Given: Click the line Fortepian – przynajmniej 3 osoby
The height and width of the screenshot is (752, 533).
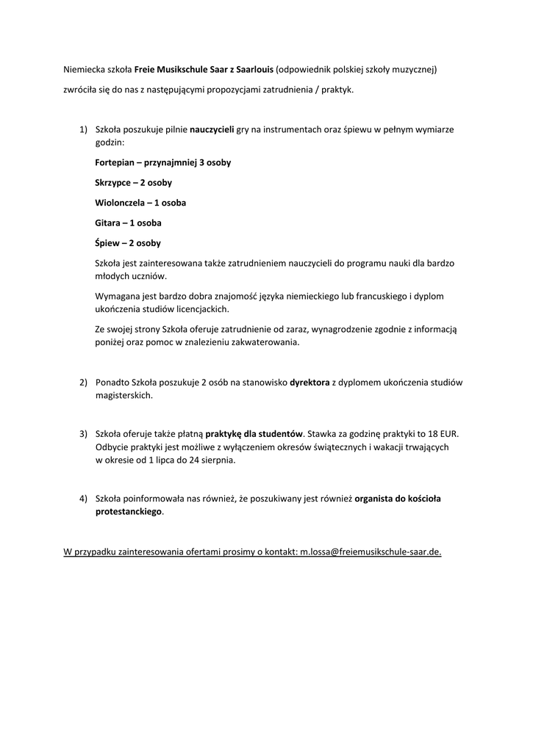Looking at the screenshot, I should (162, 162).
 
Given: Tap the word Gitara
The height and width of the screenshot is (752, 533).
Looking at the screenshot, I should (108, 223).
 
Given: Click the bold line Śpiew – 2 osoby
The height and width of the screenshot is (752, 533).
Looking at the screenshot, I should (128, 242).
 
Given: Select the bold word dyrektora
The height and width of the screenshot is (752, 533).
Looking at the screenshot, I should (310, 383).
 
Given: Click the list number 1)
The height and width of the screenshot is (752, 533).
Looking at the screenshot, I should (84, 129).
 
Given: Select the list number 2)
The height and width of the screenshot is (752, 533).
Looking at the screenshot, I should (84, 383).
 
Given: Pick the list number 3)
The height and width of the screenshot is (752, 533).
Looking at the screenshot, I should (84, 433).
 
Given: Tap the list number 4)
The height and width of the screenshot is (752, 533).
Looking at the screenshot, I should (84, 499).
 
